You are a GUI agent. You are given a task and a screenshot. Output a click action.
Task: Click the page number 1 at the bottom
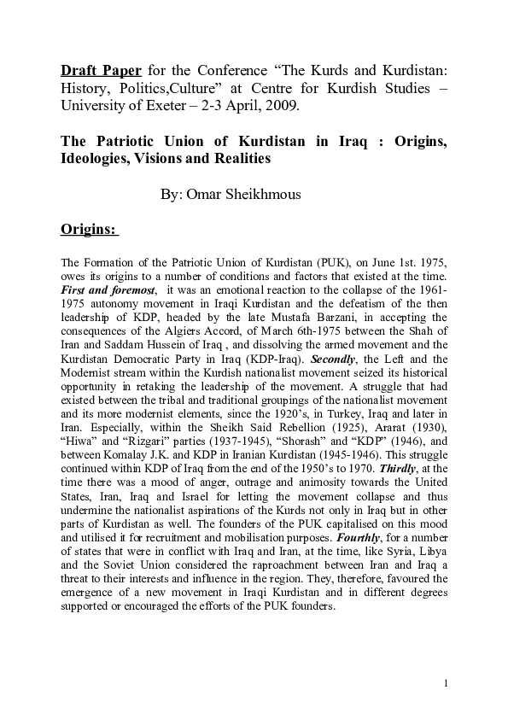(x=446, y=684)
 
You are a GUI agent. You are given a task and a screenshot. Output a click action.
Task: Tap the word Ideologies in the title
(x=97, y=158)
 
